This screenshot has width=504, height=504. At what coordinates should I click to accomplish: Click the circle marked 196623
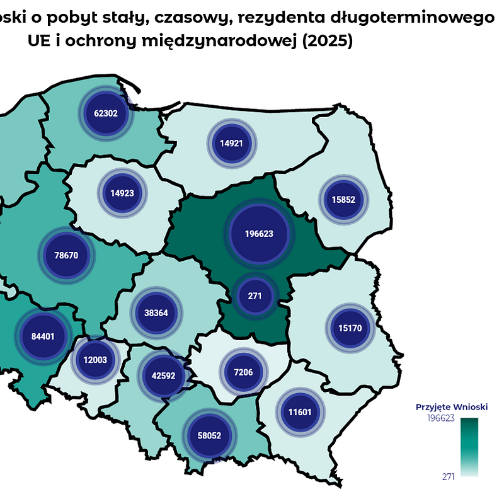coord(259,233)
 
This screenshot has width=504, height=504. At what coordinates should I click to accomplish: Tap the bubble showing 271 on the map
coord(255,295)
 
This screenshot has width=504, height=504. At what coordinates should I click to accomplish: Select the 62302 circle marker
coord(106,113)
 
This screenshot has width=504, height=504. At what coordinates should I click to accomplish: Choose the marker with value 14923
coord(122,193)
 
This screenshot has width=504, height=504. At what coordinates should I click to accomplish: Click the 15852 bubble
coord(343,200)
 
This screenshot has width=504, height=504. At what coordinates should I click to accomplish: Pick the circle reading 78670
coord(66,256)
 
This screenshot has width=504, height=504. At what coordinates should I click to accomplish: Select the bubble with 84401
coord(43,336)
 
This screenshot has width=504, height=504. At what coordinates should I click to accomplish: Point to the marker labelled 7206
coord(243,372)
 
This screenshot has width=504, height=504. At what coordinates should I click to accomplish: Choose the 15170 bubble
coord(350,328)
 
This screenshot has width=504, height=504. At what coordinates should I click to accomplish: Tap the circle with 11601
coord(301,411)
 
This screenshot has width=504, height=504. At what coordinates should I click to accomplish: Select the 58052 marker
coord(209,435)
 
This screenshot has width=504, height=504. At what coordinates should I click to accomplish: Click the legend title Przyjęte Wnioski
coord(452,407)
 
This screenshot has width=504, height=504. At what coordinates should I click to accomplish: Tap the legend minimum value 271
coord(449,477)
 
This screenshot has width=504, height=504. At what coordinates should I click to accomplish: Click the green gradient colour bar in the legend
coord(469,447)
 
